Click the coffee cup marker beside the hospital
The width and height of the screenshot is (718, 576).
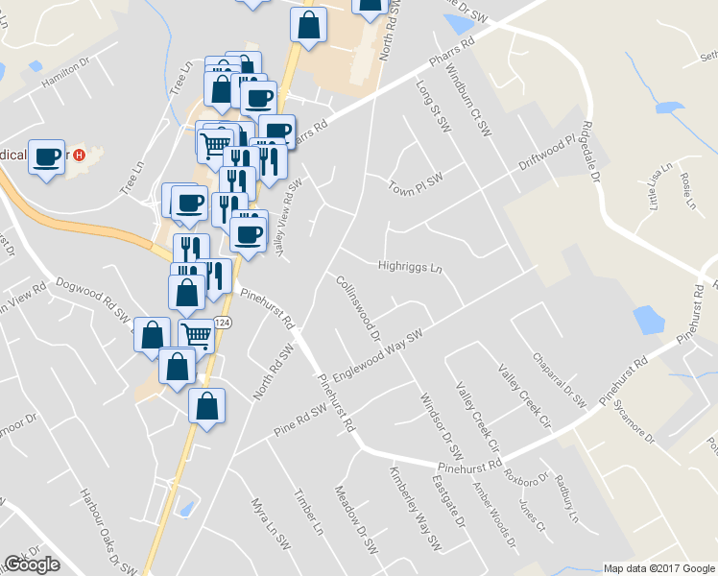(x=47, y=155)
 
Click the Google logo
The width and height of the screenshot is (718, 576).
(x=32, y=564)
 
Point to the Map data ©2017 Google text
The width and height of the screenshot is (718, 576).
(x=658, y=568)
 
